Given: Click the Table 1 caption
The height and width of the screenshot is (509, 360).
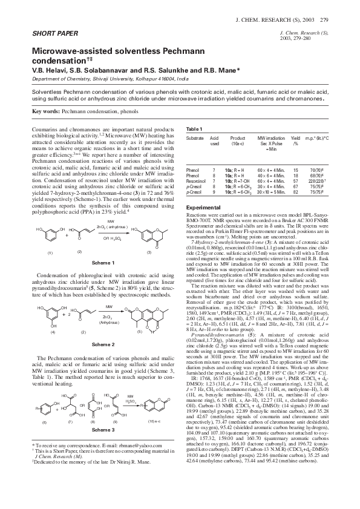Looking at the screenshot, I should click(x=194, y=130).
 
